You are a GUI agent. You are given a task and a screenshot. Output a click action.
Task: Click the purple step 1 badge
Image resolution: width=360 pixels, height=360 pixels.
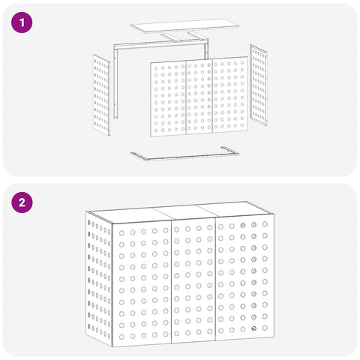(22, 22)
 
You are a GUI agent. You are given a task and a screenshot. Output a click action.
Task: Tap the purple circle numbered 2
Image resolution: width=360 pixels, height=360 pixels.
(22, 202)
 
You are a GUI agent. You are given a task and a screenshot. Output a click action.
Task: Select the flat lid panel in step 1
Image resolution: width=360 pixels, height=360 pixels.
(184, 25)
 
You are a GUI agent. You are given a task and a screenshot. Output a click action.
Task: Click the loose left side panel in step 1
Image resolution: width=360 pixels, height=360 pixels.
(101, 95)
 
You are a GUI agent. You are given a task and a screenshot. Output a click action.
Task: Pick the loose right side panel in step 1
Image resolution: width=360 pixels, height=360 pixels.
(259, 85)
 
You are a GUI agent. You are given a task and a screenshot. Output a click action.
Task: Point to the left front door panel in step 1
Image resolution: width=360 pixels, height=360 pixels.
(168, 99)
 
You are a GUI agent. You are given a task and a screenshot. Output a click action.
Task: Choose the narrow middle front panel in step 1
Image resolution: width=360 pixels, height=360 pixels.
(199, 97)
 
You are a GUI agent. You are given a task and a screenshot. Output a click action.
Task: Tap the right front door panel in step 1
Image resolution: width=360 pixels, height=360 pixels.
(230, 94)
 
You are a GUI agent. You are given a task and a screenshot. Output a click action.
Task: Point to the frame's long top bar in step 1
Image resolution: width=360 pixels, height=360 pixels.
(160, 44)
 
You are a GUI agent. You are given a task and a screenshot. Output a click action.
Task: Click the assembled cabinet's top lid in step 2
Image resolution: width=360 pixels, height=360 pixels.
(181, 211)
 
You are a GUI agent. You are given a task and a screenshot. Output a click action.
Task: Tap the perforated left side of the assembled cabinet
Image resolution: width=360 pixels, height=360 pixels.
(99, 279)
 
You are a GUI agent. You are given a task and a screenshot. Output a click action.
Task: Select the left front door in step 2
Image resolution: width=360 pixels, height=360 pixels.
(142, 283)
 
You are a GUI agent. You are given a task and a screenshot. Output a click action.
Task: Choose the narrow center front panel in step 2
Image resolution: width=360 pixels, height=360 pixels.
(193, 280)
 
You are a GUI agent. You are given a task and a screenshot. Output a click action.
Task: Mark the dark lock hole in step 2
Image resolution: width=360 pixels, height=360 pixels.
(254, 328)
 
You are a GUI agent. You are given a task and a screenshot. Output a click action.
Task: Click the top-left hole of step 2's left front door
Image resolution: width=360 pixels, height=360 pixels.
(121, 233)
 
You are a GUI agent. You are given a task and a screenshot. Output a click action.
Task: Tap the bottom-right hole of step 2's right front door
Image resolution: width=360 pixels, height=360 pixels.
(265, 328)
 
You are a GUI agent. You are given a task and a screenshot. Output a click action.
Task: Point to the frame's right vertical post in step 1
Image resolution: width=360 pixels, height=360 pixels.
(205, 51)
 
